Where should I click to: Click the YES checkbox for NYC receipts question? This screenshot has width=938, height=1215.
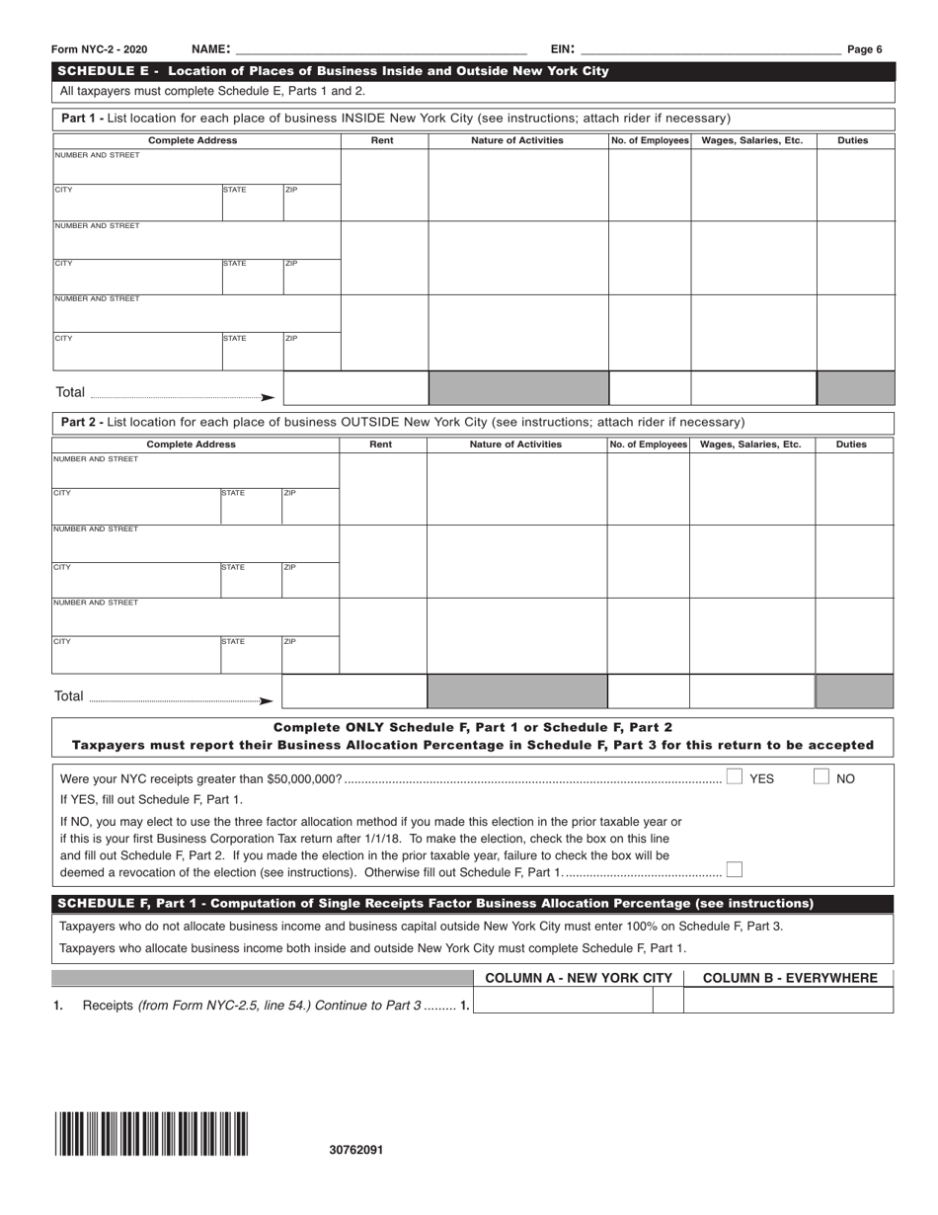(735, 777)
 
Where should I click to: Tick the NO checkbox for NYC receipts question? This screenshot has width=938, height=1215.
(821, 777)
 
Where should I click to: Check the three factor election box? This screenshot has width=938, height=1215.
(734, 870)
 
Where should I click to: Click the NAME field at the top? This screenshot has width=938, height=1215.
(380, 49)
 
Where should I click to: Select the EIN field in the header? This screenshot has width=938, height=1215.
(711, 49)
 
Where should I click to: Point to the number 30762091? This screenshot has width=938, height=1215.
(356, 1150)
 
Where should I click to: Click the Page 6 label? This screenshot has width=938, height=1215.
(865, 49)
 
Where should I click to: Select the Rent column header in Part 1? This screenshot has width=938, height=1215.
(382, 140)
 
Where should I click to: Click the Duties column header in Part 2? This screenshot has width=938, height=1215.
(851, 445)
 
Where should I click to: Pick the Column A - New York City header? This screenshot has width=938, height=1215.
(579, 978)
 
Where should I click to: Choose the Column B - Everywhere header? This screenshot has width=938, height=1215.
(789, 978)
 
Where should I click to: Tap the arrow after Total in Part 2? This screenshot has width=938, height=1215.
(266, 700)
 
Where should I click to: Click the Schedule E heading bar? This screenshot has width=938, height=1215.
(474, 71)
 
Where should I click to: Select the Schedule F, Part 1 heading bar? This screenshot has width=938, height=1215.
(474, 903)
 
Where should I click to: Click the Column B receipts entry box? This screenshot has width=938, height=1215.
(788, 1001)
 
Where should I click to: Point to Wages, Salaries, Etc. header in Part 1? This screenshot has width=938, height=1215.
(752, 140)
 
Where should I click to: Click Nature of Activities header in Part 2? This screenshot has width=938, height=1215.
(515, 445)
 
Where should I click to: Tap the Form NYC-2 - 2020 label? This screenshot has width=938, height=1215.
(102, 49)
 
